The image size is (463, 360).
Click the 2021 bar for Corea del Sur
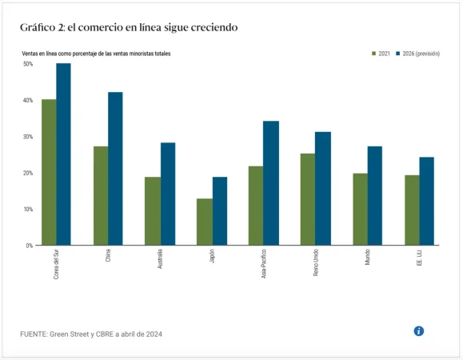[49, 172]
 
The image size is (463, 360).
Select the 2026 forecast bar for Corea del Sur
[63, 154]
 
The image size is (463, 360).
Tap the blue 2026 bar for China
[115, 169]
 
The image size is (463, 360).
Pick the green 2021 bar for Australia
[152, 210]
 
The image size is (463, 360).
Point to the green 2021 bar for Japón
[205, 222]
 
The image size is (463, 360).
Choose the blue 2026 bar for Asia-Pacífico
[271, 183]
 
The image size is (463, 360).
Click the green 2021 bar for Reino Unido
[308, 199]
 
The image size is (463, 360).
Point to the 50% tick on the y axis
[28, 64]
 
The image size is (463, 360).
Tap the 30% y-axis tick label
[28, 137]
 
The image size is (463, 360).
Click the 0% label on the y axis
[29, 246]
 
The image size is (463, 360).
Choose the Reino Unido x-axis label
[316, 263]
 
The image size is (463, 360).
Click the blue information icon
[418, 331]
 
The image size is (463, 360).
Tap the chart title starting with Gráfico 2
[129, 28]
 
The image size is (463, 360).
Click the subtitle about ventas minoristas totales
[96, 54]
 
